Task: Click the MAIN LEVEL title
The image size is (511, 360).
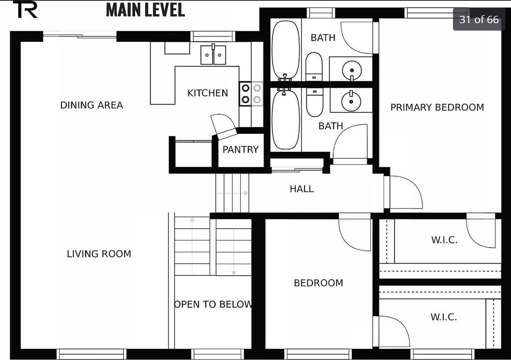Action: click(145, 10)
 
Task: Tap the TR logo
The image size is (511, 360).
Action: click(25, 9)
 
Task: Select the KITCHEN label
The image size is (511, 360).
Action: click(207, 93)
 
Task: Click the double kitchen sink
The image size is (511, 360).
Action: click(213, 55)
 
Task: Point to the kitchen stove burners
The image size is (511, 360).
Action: click(251, 94)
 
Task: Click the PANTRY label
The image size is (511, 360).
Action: click(240, 149)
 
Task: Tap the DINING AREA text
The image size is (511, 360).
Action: click(92, 105)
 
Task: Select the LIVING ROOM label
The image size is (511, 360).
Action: click(99, 254)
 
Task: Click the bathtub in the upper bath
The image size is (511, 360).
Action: click(286, 50)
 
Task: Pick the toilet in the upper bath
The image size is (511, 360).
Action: click(314, 67)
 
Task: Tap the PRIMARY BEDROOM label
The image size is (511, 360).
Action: click(437, 107)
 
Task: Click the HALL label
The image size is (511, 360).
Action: click(302, 189)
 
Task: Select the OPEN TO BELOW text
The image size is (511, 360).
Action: click(213, 305)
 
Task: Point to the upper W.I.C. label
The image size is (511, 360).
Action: click(444, 240)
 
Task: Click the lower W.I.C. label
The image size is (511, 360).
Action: click(444, 317)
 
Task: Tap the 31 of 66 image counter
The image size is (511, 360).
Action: click(479, 20)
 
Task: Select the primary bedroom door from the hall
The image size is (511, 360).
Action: click(404, 192)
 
